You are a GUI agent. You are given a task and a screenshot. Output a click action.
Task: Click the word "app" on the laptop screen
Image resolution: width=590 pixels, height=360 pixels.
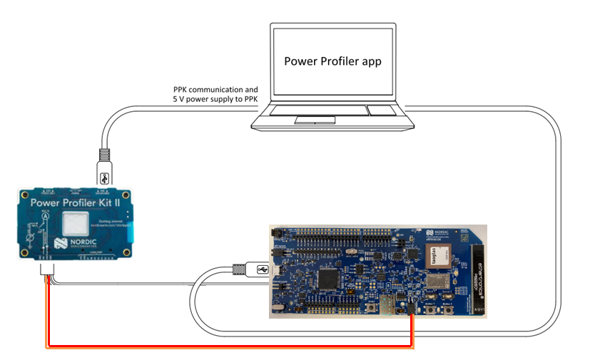[x=369, y=61]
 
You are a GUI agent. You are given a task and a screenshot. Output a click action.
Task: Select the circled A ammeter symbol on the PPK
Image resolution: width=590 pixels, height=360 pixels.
[x=44, y=220]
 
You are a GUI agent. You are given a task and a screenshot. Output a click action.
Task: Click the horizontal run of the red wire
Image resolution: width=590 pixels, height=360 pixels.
[x=228, y=347]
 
